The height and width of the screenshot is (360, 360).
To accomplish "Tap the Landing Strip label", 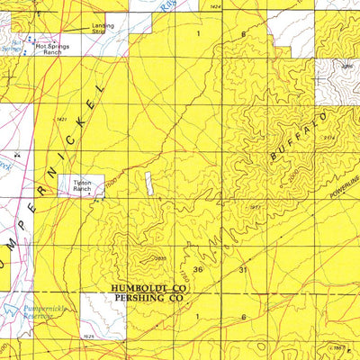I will click(103, 29).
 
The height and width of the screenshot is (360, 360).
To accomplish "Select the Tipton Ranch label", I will click(83, 186).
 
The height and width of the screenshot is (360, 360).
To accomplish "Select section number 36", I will click(198, 269).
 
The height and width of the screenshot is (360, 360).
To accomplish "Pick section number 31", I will click(243, 269).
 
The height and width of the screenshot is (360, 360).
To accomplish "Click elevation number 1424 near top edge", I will click(213, 7).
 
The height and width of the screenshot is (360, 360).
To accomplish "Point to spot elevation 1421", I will click(62, 120).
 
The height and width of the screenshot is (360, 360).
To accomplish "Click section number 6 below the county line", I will click(243, 317).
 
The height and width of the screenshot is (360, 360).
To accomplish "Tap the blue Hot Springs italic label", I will click(10, 43).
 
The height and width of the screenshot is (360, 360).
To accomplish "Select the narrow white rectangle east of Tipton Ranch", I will click(147, 182).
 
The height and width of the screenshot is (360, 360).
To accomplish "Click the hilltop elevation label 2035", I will click(161, 258).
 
